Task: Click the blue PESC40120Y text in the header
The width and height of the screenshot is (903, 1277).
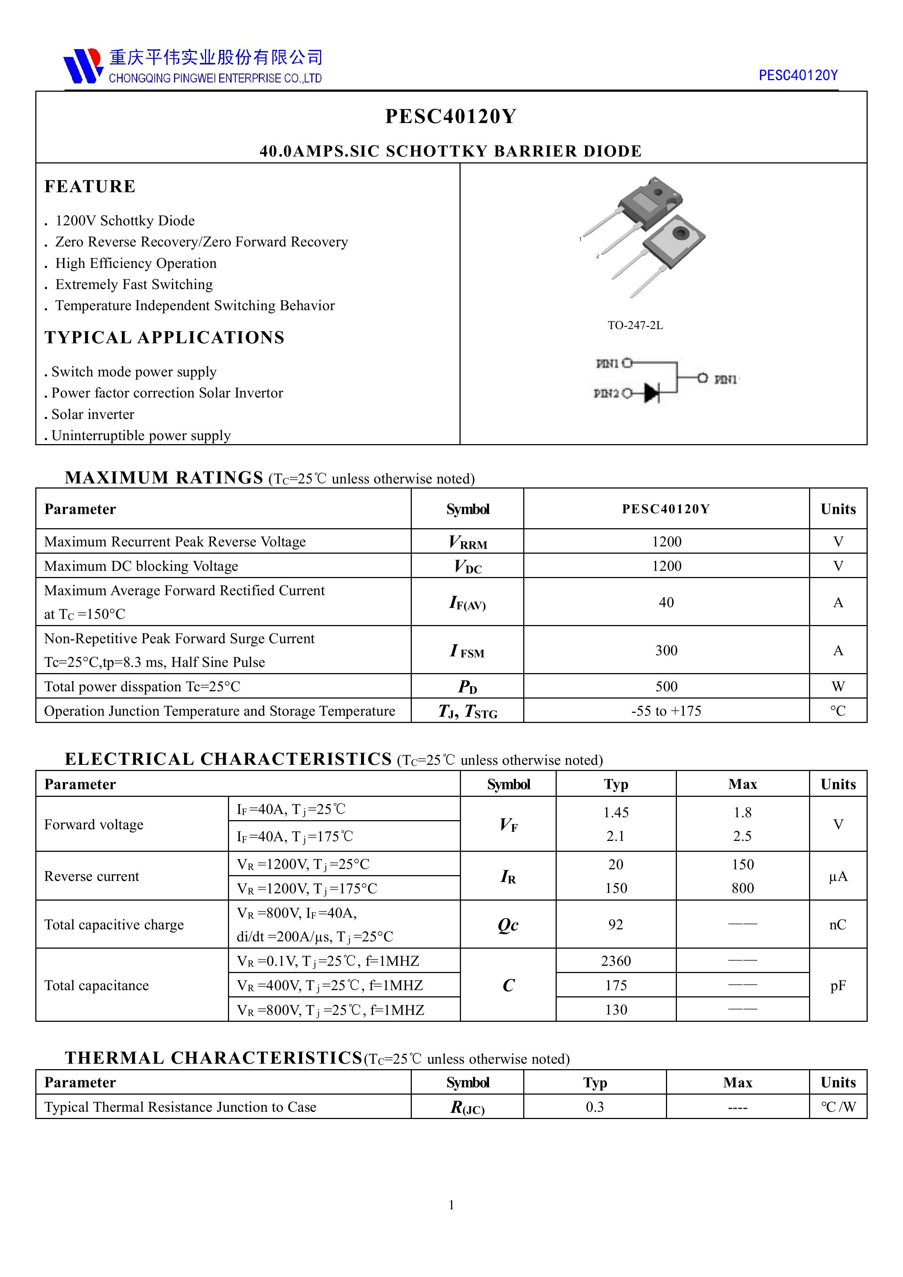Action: pos(798,76)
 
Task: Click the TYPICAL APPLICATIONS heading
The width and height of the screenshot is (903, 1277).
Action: pos(165,337)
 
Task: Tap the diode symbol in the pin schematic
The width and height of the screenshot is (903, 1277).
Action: pos(651,393)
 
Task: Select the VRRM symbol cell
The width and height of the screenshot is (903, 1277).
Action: pos(468,542)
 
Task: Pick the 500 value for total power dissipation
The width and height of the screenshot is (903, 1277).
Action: pos(666,686)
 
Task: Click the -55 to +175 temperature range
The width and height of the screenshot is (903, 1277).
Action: pos(666,711)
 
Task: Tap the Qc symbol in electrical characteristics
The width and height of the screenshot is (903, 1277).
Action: pos(508,924)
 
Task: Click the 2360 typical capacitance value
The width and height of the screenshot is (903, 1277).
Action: pos(616,961)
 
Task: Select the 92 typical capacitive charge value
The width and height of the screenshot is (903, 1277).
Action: pos(616,924)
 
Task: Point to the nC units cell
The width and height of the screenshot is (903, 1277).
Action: pos(838,924)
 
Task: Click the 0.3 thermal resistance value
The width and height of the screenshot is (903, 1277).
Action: pos(595,1107)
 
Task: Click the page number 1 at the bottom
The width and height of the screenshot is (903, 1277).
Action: pos(451,1205)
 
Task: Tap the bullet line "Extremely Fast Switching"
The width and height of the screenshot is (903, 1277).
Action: pos(134,285)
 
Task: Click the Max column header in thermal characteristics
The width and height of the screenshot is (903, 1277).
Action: pos(738,1082)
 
